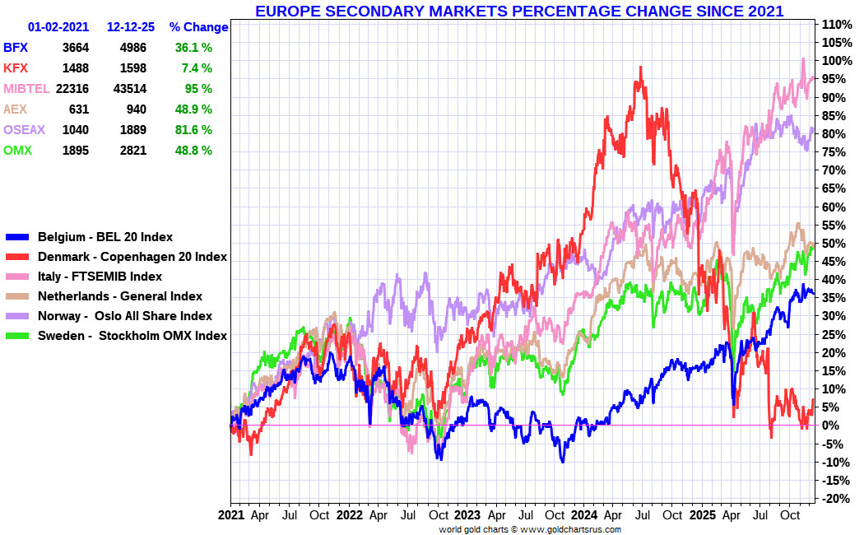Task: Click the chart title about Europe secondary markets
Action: tap(518, 11)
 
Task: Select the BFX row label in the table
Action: tap(16, 48)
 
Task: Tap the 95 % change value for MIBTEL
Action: tap(198, 89)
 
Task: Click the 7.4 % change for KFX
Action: tap(197, 68)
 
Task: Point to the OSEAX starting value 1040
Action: tap(75, 130)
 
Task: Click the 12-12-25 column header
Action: tap(131, 27)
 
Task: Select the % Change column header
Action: tap(198, 27)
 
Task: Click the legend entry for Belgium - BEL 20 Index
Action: tap(105, 237)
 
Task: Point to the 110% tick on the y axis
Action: tap(836, 24)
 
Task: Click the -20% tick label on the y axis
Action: tap(836, 499)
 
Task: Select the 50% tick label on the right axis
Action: tap(834, 244)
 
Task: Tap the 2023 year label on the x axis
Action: tap(467, 516)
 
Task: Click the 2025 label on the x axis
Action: tap(702, 516)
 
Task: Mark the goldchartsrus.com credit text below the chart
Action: tap(530, 529)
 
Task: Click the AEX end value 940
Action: tap(135, 109)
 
